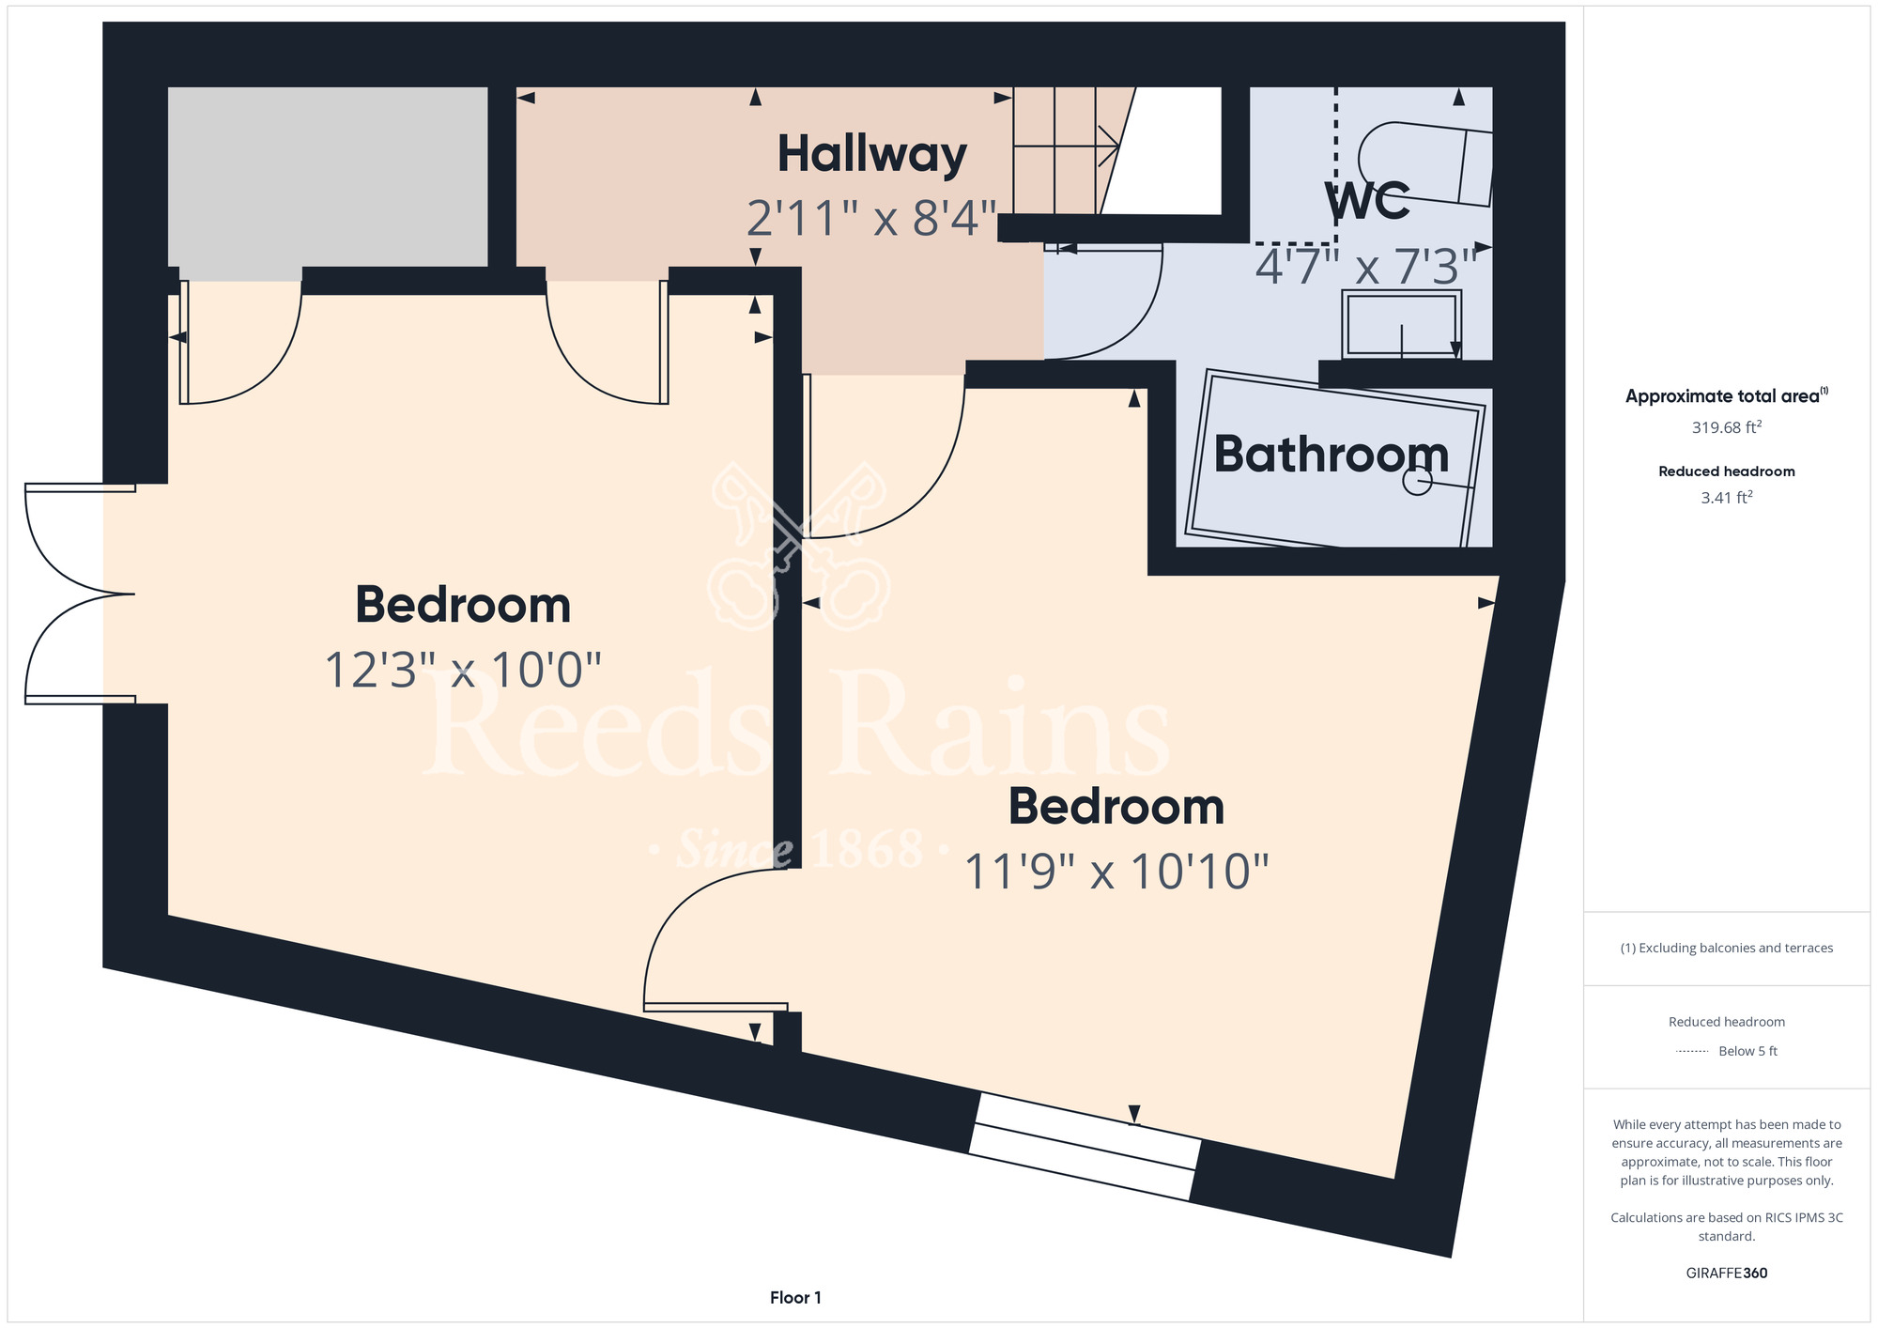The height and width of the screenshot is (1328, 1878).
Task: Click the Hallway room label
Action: [871, 155]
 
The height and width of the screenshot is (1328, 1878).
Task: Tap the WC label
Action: [1367, 199]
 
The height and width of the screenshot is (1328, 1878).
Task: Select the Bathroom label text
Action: [1332, 454]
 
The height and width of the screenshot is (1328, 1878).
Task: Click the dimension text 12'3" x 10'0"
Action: [463, 671]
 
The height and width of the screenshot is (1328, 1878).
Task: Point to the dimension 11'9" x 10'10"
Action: [1116, 872]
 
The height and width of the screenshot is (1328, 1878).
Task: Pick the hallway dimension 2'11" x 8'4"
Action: [871, 219]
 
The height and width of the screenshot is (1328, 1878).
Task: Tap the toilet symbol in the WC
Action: [1424, 163]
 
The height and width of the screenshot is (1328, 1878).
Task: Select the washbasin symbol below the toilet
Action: [1402, 324]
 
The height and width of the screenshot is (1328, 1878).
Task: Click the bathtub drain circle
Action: [1416, 482]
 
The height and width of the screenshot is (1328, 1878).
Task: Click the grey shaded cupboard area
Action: [328, 177]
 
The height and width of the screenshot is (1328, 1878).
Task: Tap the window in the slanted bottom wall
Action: [1085, 1146]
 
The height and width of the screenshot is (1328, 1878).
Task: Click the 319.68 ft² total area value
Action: [1726, 427]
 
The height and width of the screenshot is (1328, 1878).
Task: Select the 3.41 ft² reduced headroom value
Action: [1726, 497]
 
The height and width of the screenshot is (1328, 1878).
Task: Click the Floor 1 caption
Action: [795, 1298]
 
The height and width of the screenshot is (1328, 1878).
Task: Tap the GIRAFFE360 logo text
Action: [1726, 1274]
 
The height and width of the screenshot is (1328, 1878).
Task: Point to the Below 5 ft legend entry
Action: [1747, 1051]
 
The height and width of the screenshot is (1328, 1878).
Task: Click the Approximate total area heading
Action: [1726, 395]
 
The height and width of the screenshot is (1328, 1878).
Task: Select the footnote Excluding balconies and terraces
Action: [1726, 948]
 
